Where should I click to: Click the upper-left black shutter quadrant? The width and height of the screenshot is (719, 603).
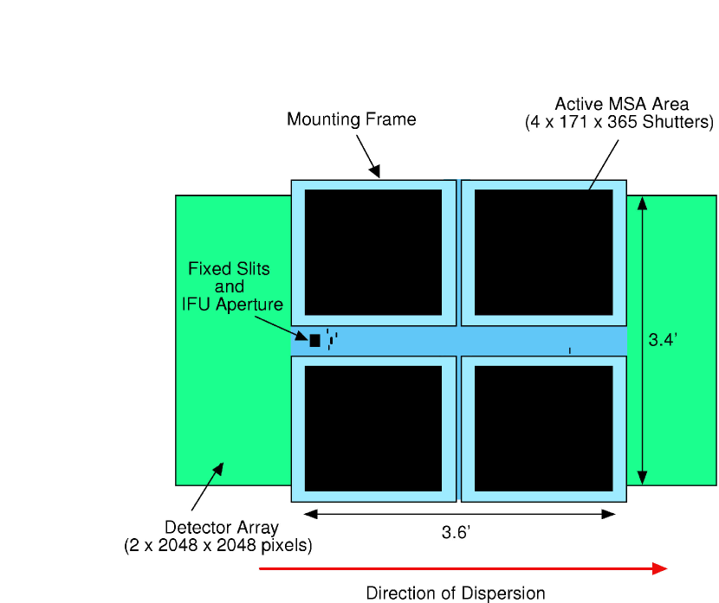pos(373,252)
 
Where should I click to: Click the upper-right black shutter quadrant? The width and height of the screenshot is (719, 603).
pos(543,252)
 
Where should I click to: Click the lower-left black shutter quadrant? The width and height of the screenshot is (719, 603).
pos(373,428)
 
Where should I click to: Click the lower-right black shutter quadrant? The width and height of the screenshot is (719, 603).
pos(543,428)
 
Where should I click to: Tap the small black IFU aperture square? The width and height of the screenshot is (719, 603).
pos(314,341)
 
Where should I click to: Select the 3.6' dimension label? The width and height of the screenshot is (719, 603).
pos(456,533)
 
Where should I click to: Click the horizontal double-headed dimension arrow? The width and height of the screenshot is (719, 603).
pos(460,514)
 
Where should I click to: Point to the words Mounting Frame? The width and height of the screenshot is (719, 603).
pos(352,119)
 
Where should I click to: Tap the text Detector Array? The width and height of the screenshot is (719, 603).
pos(222,527)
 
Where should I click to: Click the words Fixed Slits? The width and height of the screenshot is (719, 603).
pos(229,269)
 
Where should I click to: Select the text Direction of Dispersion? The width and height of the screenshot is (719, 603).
pos(456,593)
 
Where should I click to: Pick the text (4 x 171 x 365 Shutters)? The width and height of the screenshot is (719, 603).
pos(619,122)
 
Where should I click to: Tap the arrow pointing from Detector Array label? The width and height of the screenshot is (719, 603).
pos(207,487)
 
